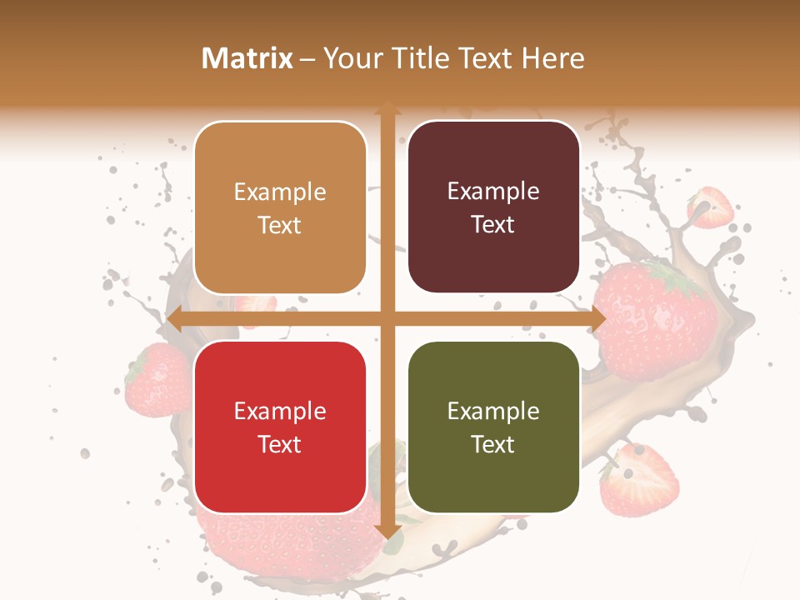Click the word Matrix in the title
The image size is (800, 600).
point(247,58)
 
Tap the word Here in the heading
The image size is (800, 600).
point(552,58)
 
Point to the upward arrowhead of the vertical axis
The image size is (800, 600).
point(387,108)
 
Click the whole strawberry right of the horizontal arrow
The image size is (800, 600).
point(658,321)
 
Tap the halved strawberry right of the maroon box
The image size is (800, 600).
point(710,207)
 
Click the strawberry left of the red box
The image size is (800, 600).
point(158,380)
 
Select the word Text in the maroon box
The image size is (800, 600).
point(493,225)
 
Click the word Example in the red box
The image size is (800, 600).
point(280,412)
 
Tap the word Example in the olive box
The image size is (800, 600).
point(493,412)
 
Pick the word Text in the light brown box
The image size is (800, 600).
point(280,226)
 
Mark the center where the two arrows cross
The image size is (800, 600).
point(387,319)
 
